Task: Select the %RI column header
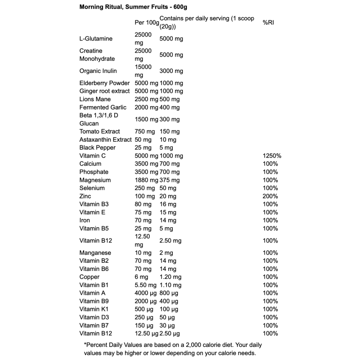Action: pos(268,22)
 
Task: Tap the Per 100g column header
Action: pos(147,22)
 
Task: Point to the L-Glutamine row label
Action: pos(96,39)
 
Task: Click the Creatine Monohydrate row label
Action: pos(97,55)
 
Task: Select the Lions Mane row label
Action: pos(95,99)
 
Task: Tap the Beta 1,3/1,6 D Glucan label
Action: pos(99,119)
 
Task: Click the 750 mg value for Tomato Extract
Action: pos(144,131)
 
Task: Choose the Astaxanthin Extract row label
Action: pos(105,139)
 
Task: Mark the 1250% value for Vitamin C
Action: pos(272,156)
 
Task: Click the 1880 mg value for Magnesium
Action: pos(146,180)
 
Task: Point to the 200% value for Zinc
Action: pos(270,196)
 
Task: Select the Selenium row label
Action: pos(92,188)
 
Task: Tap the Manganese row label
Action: pos(95,253)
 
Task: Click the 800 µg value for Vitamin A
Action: pos(169,293)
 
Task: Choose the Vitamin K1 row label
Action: pos(94,309)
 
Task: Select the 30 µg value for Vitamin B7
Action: pos(167,325)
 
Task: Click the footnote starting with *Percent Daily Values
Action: pos(173,349)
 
